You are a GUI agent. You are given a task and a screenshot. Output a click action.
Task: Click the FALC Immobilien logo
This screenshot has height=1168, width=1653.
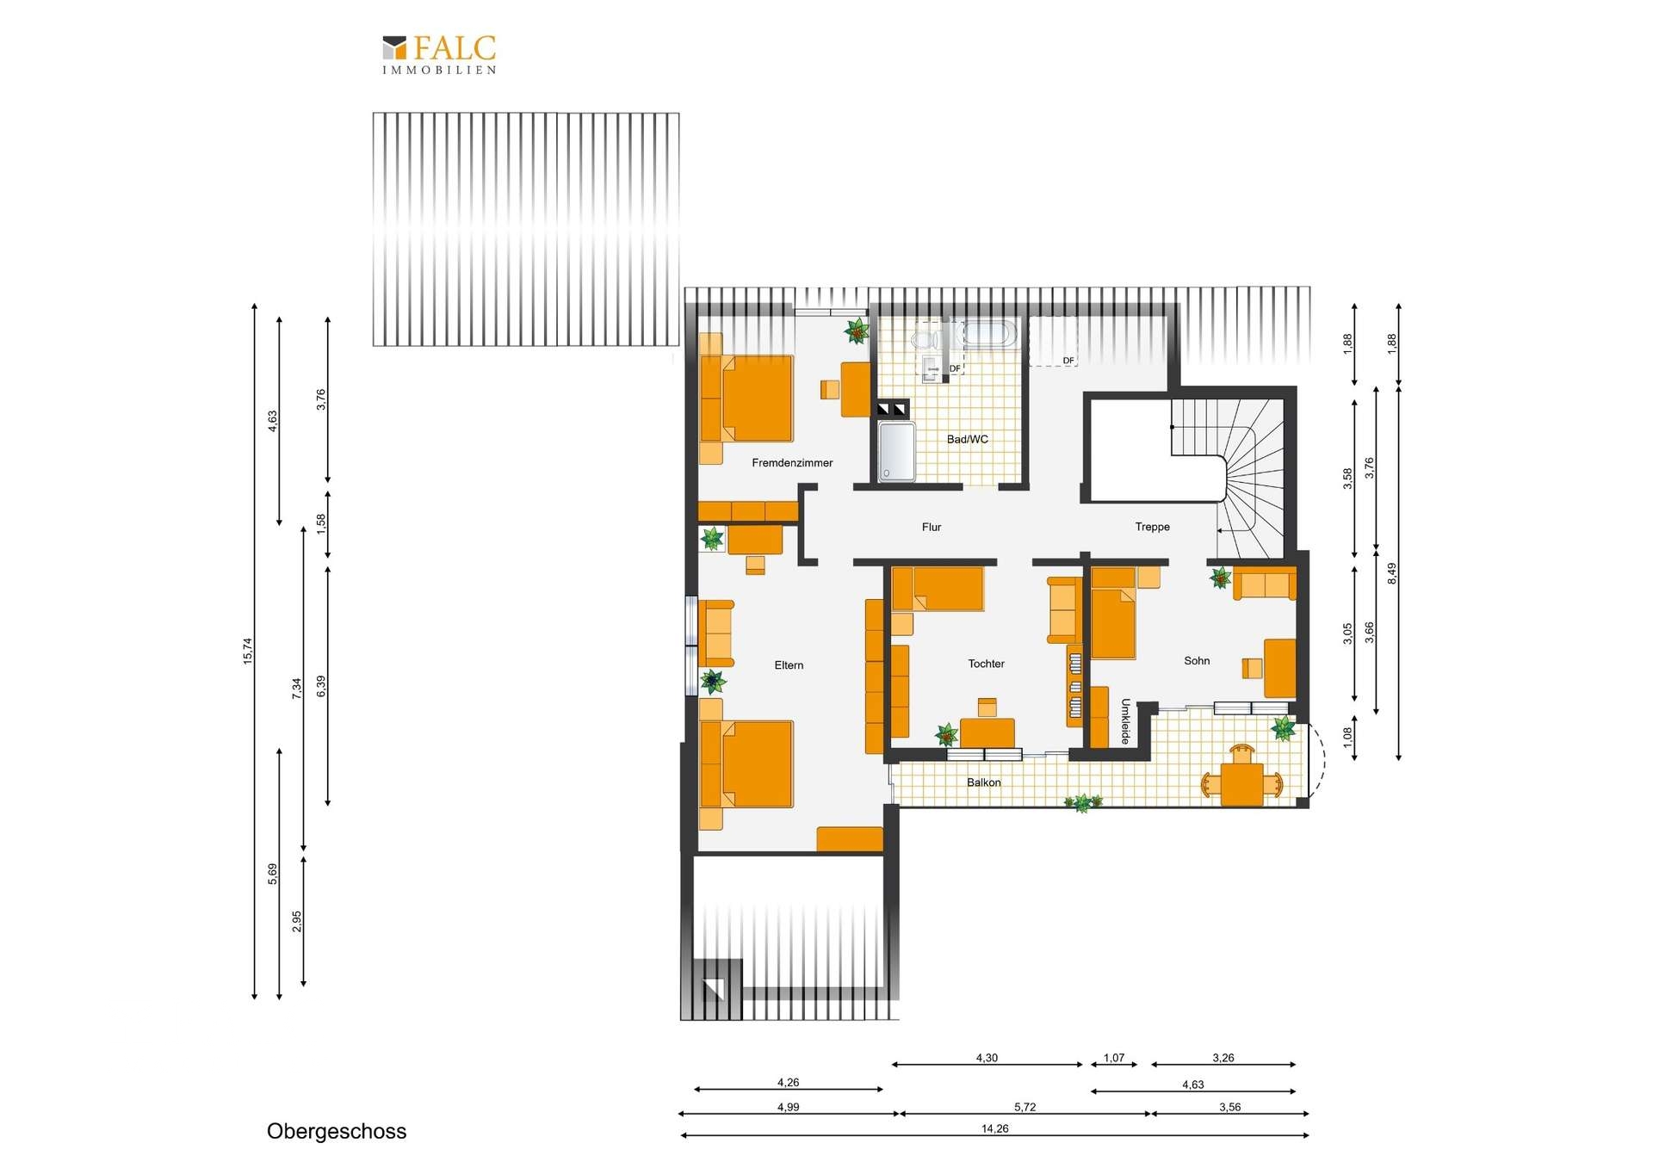pos(439,54)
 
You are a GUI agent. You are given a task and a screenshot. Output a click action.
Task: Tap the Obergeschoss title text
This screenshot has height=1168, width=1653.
pos(337,1131)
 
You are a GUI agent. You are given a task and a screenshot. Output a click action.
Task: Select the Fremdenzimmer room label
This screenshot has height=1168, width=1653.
pos(792,463)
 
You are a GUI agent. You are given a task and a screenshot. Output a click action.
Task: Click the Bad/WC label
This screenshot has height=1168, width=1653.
pos(968,439)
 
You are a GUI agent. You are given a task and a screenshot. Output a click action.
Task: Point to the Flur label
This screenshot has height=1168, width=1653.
pos(932,527)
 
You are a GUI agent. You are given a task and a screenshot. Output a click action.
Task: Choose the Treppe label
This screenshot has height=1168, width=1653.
pos(1152,527)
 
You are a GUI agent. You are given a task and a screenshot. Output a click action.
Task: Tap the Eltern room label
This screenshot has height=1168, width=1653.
pos(789,665)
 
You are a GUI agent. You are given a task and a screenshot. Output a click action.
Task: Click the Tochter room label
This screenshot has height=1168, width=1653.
pos(986,664)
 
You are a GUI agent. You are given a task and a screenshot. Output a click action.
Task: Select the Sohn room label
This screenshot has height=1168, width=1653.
pos(1197,661)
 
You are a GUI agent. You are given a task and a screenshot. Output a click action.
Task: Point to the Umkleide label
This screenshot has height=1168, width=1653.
pos(1125,721)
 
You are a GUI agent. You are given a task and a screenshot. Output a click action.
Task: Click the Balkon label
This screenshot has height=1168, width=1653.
pos(983,782)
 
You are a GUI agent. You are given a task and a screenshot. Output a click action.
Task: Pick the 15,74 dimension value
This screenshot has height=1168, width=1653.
pos(248,651)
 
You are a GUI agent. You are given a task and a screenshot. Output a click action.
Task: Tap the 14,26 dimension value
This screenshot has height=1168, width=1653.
pos(994,1128)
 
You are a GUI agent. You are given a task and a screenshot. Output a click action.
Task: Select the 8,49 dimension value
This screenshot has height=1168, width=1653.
pos(1391,574)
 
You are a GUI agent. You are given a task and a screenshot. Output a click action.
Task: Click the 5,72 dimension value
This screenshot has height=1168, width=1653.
pos(1025,1107)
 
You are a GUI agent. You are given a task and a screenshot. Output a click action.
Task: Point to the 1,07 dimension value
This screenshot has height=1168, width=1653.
pos(1114,1058)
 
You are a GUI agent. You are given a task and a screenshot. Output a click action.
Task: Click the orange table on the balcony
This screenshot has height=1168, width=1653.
pos(1241,784)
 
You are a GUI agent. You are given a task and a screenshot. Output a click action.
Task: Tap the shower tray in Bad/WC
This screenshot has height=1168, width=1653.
pos(896,450)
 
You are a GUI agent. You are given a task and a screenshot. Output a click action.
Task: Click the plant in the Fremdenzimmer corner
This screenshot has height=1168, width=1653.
pos(857,331)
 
